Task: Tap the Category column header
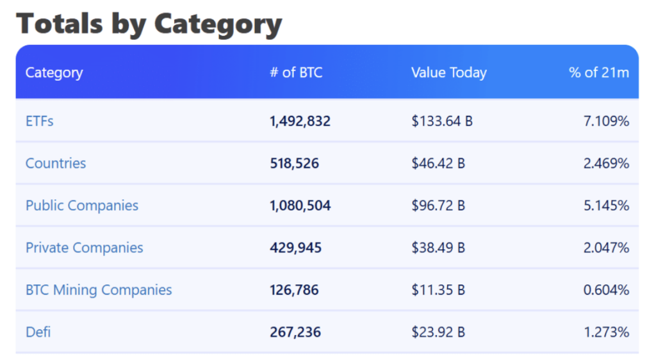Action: click(54, 72)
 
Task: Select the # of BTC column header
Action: click(296, 72)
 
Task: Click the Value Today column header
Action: click(448, 72)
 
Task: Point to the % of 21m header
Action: click(598, 72)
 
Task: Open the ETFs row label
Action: click(39, 121)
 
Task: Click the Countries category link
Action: click(56, 163)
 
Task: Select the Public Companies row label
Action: click(82, 206)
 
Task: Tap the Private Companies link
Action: click(85, 248)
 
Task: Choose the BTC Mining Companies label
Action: click(99, 290)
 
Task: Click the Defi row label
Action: click(38, 332)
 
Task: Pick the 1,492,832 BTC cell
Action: click(300, 121)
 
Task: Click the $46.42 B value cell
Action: click(438, 163)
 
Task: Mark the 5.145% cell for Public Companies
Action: click(606, 206)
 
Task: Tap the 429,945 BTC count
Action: click(295, 248)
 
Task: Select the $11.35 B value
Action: click(438, 290)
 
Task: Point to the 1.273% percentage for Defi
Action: click(606, 332)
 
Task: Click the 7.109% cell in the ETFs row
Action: click(606, 121)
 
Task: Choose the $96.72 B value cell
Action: click(438, 206)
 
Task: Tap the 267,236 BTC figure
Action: click(295, 332)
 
